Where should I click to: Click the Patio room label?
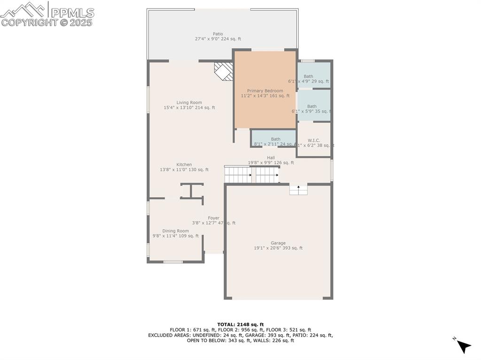click(x=217, y=34)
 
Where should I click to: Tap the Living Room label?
click(x=189, y=102)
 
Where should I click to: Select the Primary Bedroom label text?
click(x=265, y=91)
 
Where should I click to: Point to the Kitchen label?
click(x=184, y=165)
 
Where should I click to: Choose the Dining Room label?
click(x=175, y=231)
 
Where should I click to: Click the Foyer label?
click(x=214, y=218)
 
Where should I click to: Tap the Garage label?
click(x=278, y=243)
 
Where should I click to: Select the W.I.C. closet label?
click(x=314, y=140)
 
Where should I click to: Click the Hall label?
click(x=271, y=158)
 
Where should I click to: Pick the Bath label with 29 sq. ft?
click(x=308, y=77)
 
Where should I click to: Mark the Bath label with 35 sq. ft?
click(x=311, y=107)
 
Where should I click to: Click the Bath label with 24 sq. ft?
click(x=275, y=139)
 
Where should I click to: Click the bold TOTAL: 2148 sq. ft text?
click(x=240, y=324)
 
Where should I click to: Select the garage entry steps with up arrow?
click(x=298, y=189)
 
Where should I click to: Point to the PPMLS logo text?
click(x=72, y=13)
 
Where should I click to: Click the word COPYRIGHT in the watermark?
click(x=28, y=22)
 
